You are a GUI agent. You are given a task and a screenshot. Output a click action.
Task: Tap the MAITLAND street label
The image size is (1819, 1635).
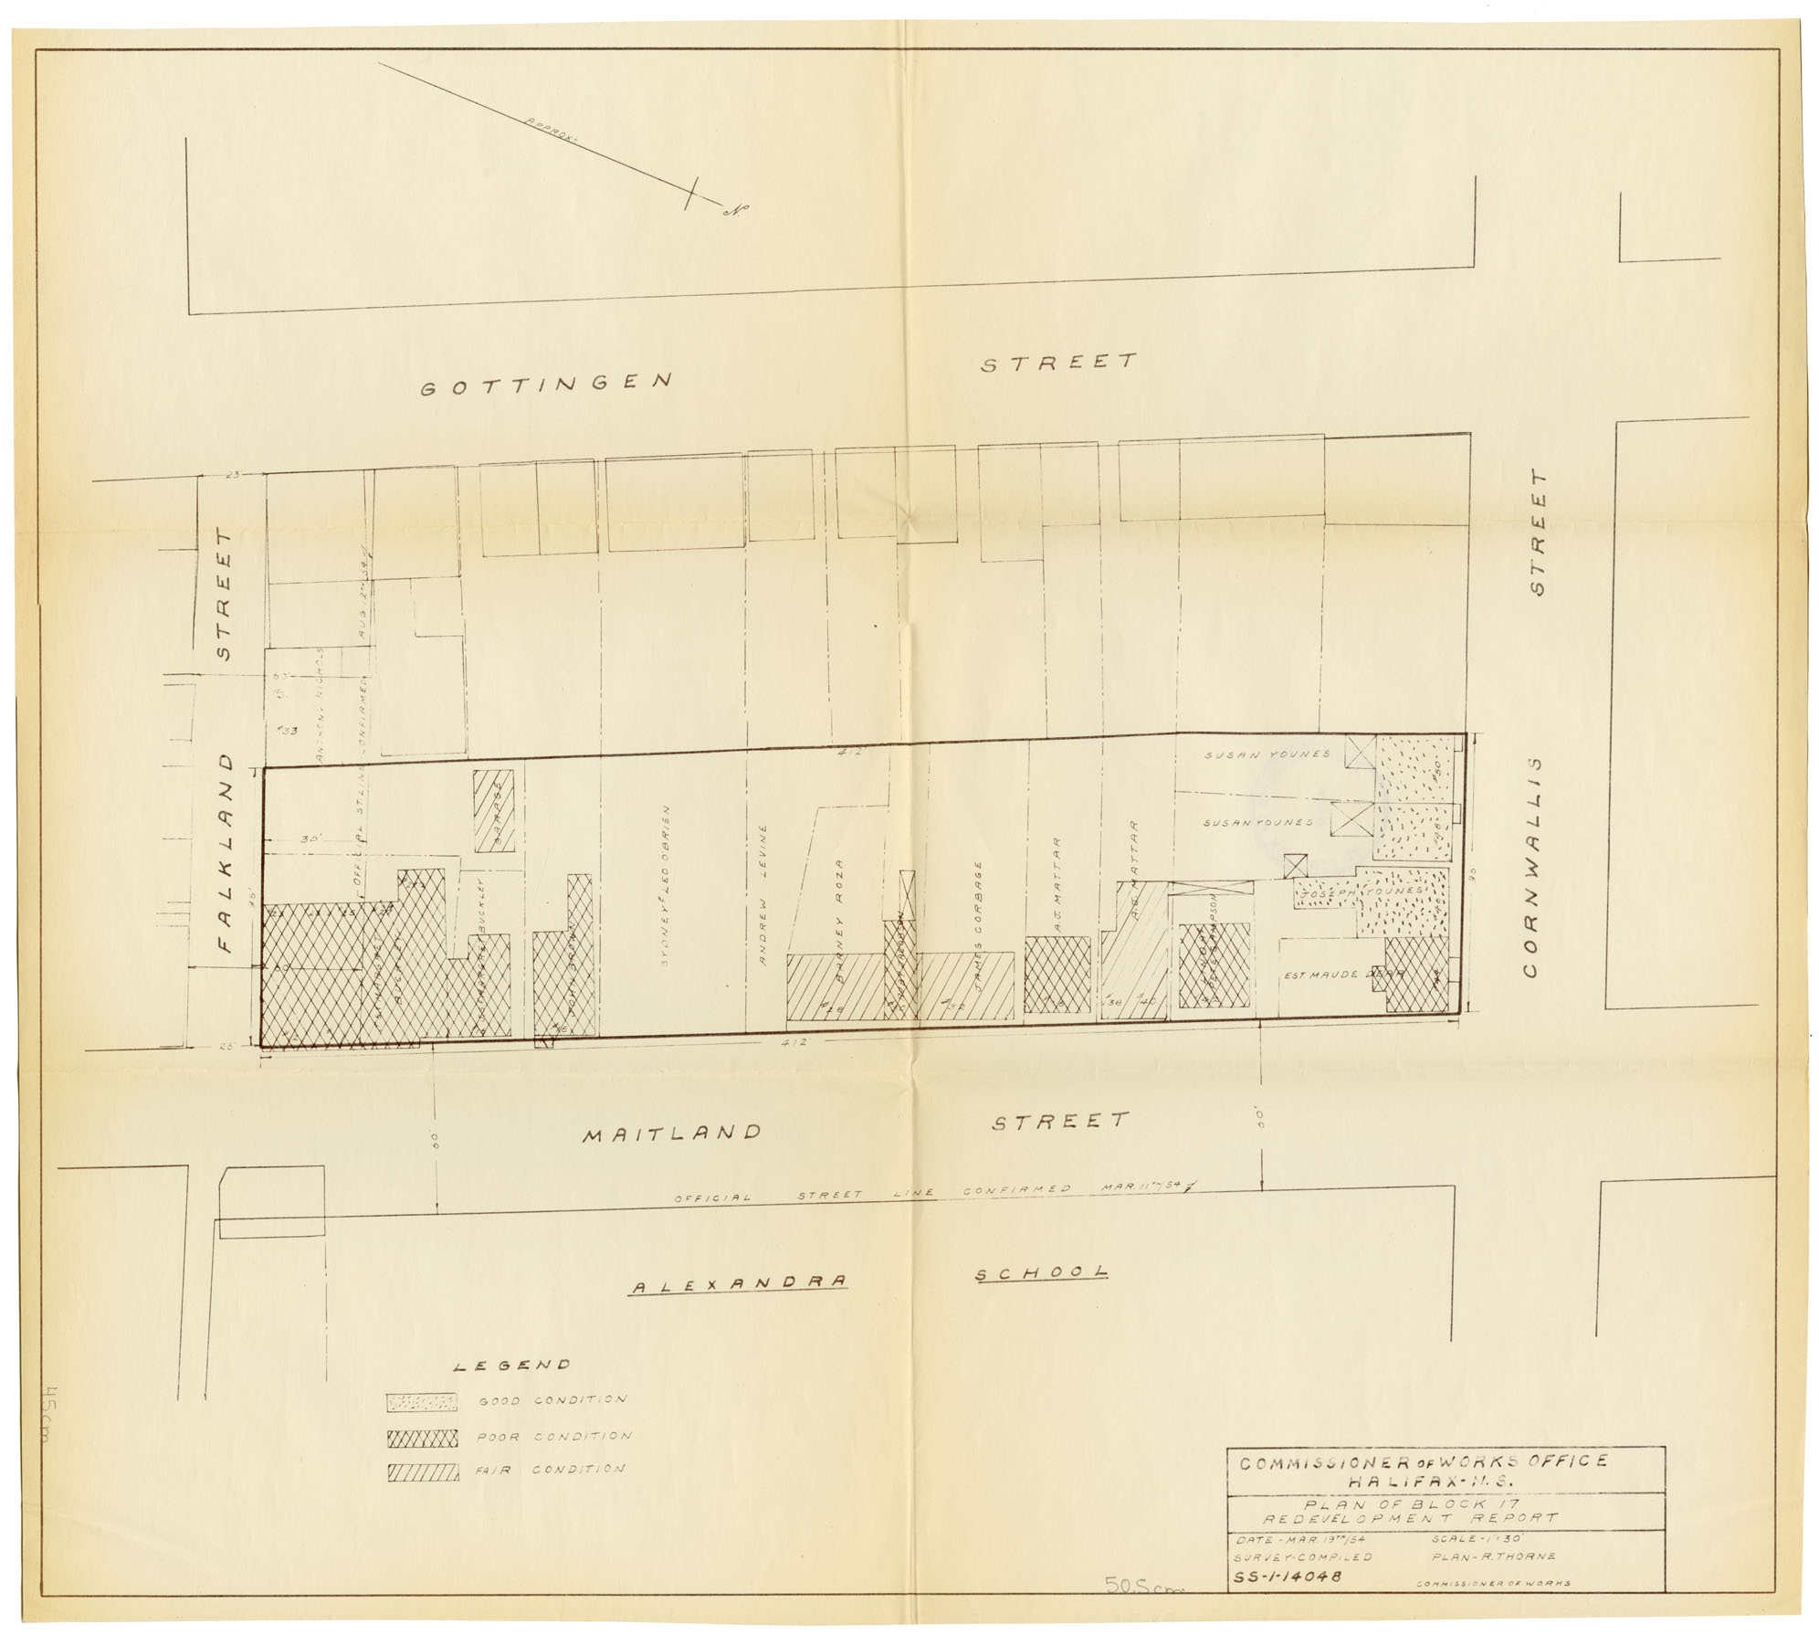point(672,1134)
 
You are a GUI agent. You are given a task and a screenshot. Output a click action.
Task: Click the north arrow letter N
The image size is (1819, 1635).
point(732,210)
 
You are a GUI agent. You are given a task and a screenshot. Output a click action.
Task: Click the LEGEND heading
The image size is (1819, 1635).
point(512,1366)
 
